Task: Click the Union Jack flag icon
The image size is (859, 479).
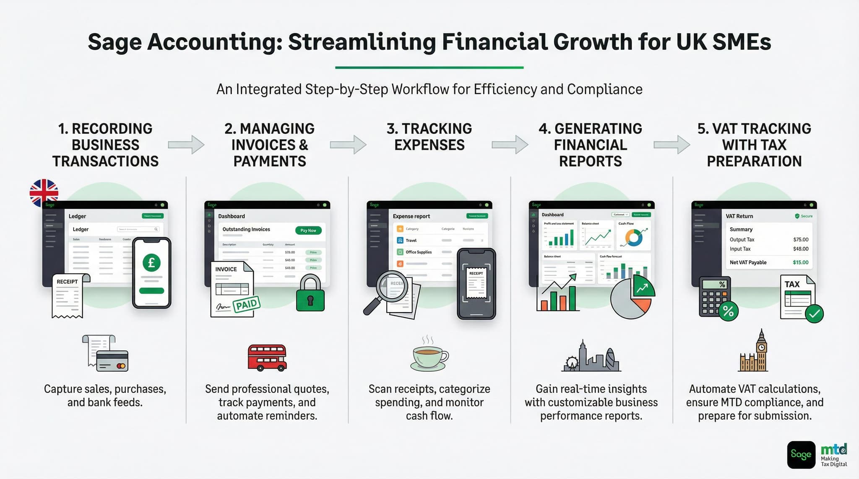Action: (x=44, y=193)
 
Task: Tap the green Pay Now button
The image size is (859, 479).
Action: (x=308, y=230)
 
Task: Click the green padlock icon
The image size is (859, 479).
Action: (x=310, y=294)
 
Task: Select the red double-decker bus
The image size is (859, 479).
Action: (x=267, y=357)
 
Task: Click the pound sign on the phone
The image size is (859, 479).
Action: (x=151, y=263)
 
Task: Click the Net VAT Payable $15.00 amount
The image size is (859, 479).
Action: (x=800, y=262)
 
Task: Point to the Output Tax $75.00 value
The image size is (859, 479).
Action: (x=801, y=240)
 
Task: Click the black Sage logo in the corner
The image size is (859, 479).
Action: (x=801, y=454)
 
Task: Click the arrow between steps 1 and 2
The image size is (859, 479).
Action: (x=186, y=145)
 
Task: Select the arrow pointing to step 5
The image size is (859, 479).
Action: (x=672, y=145)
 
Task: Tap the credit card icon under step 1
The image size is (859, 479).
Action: (x=112, y=361)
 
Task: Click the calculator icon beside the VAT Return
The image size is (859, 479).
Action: (x=715, y=297)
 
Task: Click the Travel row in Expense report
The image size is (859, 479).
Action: (x=411, y=241)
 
